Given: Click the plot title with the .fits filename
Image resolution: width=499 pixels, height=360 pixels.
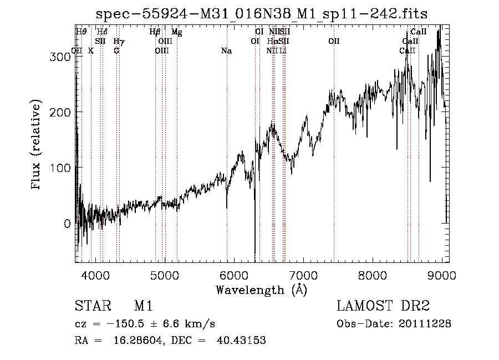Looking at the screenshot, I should (261, 14).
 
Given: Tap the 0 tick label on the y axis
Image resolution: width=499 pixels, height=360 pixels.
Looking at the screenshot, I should (67, 224).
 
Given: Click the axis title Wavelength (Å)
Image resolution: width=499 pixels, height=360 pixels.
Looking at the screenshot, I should (261, 290).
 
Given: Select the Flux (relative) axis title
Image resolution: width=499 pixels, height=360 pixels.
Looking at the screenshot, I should (37, 145).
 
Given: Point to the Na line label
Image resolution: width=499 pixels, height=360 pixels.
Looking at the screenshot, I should (226, 51).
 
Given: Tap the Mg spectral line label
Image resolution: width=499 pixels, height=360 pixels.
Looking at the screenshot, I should (176, 32).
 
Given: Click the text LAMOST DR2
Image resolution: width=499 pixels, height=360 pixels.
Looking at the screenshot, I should (383, 306).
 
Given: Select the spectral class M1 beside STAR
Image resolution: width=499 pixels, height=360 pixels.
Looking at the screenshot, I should (143, 306).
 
